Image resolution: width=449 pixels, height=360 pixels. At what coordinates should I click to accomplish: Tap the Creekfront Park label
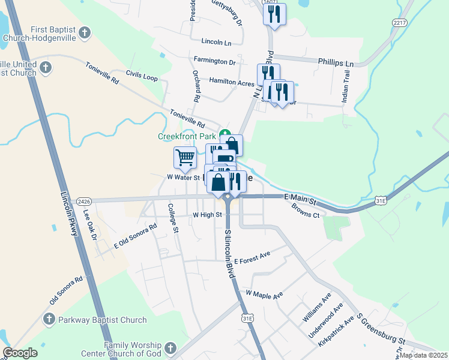(x=186, y=136)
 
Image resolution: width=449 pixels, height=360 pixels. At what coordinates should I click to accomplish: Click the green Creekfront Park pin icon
(x=224, y=133)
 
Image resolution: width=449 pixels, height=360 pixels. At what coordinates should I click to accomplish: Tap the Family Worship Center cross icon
(x=170, y=348)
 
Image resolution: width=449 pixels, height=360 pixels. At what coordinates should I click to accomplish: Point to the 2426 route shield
(x=84, y=200)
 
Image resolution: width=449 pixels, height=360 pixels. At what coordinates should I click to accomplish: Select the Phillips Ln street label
(x=336, y=63)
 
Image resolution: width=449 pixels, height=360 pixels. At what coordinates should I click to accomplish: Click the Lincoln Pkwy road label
(x=70, y=214)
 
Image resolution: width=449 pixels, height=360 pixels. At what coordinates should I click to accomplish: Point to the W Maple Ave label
(x=264, y=295)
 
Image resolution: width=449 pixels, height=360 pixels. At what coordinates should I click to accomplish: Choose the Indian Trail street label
(x=346, y=86)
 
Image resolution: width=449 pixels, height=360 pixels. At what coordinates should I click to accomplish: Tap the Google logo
(x=20, y=353)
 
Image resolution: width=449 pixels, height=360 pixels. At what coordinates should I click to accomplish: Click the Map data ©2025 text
(x=423, y=355)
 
